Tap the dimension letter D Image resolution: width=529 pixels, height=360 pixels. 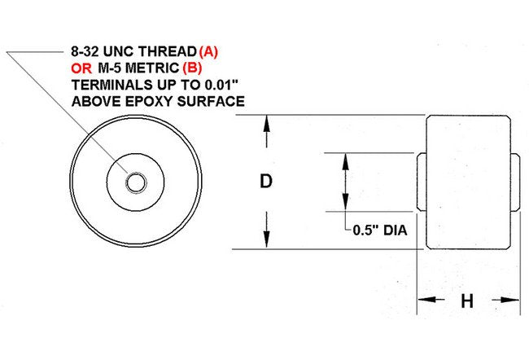pos(265,182)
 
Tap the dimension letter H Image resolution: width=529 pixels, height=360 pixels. pos(467,302)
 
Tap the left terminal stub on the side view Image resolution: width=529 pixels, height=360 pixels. pos(422,182)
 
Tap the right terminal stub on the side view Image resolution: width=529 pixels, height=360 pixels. pos(516,182)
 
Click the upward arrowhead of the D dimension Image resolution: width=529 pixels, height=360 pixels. pos(265,122)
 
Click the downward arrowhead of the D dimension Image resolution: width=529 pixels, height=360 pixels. pos(265,242)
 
